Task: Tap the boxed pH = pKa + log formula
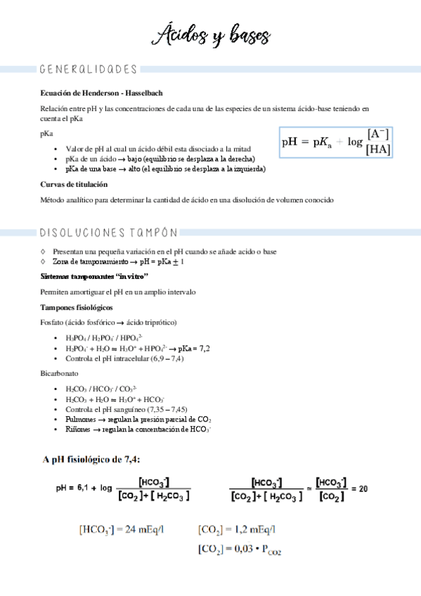tap(336, 141)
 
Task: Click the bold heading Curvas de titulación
tap(74, 184)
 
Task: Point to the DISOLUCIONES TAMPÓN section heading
tap(109, 233)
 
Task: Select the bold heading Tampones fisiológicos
tap(77, 307)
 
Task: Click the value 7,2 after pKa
tap(205, 348)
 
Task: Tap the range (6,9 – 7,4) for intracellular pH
tap(167, 358)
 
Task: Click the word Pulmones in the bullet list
tap(80, 419)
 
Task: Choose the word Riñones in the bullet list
tap(78, 429)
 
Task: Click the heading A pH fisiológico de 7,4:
tap(91, 460)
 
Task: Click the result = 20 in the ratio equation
tap(359, 488)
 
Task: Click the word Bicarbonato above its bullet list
tap(59, 373)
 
